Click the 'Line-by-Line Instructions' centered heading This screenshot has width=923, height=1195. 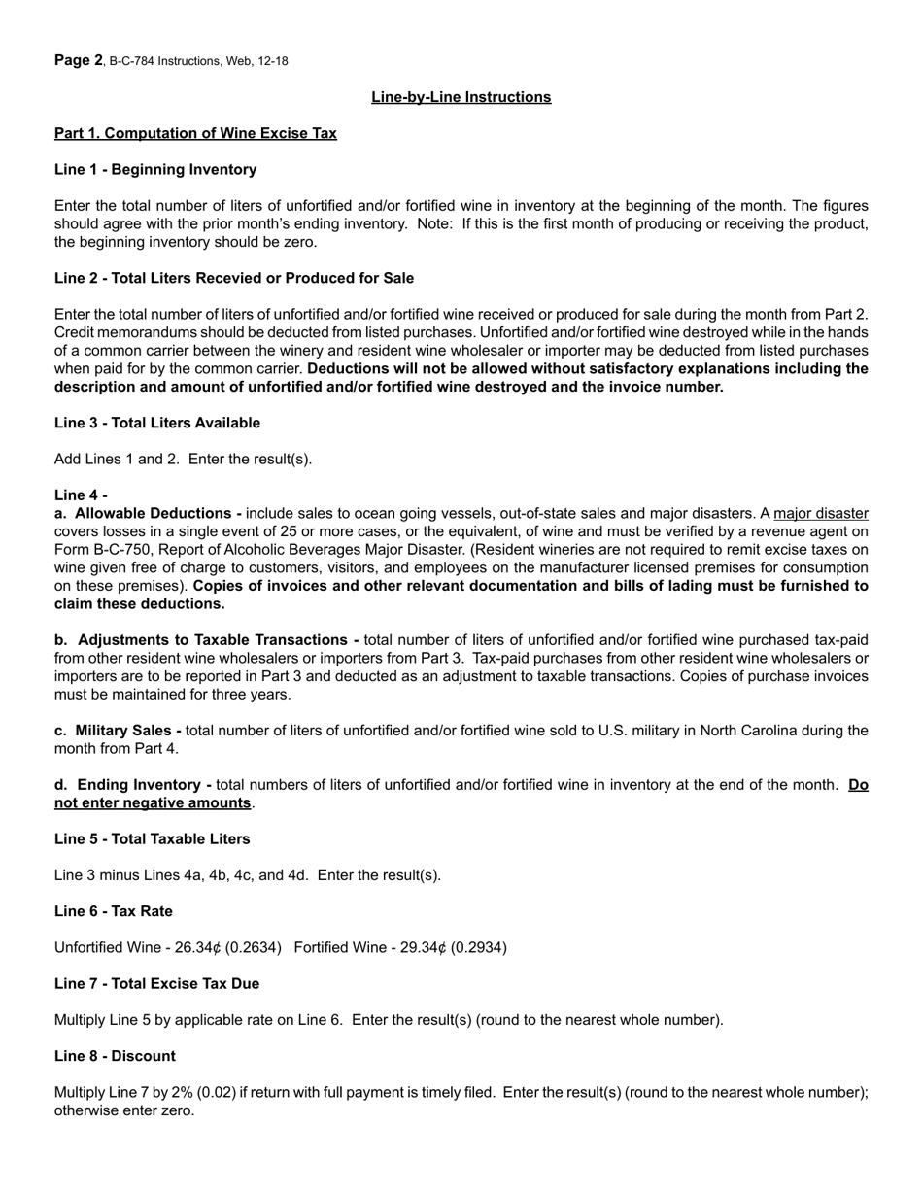(x=461, y=97)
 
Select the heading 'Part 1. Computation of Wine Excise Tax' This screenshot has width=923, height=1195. (x=195, y=133)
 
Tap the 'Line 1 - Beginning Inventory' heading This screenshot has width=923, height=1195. (x=155, y=169)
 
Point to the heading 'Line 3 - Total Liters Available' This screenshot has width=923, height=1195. (x=157, y=423)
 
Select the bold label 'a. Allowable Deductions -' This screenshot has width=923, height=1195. (x=148, y=513)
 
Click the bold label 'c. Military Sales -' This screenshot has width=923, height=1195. (x=118, y=730)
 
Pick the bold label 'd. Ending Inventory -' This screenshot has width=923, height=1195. (x=132, y=784)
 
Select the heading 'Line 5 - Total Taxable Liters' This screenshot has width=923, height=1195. (x=152, y=838)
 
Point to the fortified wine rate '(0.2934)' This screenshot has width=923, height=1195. (x=475, y=947)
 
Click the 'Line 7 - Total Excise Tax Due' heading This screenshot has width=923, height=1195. (x=156, y=983)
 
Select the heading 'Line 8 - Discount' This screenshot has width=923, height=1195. (x=115, y=1056)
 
